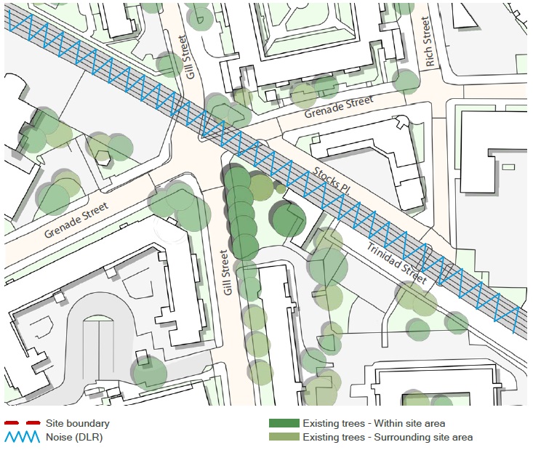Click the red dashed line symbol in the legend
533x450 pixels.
pos(20,423)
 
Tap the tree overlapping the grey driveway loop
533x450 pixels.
pos(149,371)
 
